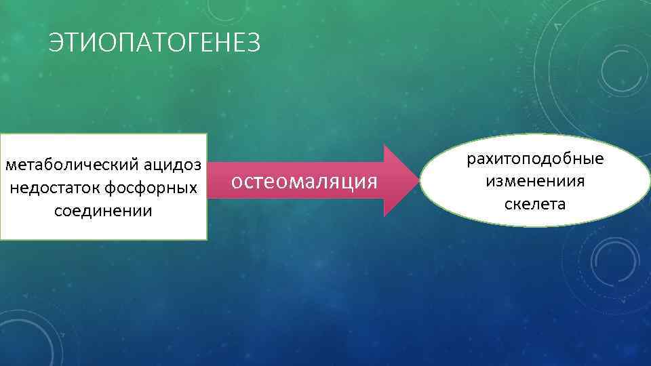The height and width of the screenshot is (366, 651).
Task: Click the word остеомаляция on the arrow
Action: coord(304,182)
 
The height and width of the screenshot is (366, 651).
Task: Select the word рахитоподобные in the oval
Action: coord(535,159)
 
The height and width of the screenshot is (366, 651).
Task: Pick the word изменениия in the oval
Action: coord(535,181)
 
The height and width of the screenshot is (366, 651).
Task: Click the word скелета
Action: coord(535,203)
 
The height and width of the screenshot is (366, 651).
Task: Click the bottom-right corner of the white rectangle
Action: coord(206,239)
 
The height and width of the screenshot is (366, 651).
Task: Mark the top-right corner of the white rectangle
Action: coord(206,133)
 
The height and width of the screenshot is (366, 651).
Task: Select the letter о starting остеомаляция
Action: coord(236,182)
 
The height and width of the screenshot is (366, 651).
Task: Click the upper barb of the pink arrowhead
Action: coord(384,146)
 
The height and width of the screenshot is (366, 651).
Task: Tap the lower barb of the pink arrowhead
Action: coord(384,216)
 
